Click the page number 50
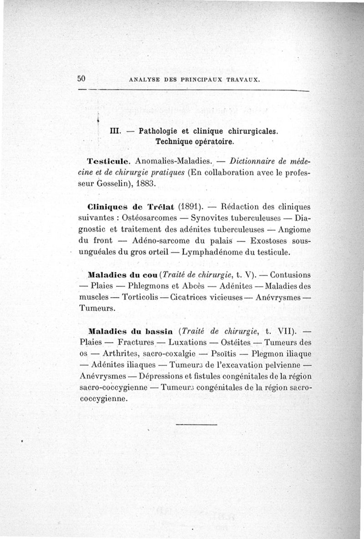[81, 78]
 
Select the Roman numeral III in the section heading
[115, 131]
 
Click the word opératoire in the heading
[214, 141]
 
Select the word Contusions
[289, 275]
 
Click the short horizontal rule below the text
[196, 425]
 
